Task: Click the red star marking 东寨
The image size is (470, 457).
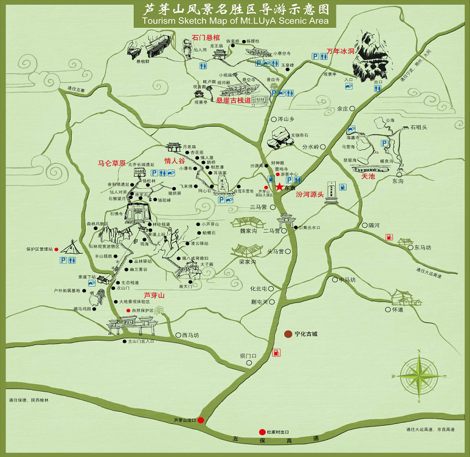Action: click(280, 187)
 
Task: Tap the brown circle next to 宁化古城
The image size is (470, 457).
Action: click(288, 334)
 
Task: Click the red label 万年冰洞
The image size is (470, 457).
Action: click(340, 51)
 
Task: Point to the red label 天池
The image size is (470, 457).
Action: click(368, 176)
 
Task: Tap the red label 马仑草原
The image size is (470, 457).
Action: click(112, 163)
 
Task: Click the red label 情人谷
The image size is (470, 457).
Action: click(174, 160)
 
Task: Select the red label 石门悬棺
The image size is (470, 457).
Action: click(205, 38)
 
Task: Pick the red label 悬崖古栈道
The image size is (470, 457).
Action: click(234, 100)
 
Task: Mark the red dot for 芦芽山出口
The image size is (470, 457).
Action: click(200, 420)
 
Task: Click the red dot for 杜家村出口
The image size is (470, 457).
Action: click(262, 432)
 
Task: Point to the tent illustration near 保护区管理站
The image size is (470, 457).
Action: click(71, 247)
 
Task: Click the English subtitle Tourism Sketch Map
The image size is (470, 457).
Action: click(234, 20)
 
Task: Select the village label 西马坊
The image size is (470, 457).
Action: click(190, 335)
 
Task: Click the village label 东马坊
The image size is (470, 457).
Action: click(423, 247)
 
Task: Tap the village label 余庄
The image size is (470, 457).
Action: click(343, 108)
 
